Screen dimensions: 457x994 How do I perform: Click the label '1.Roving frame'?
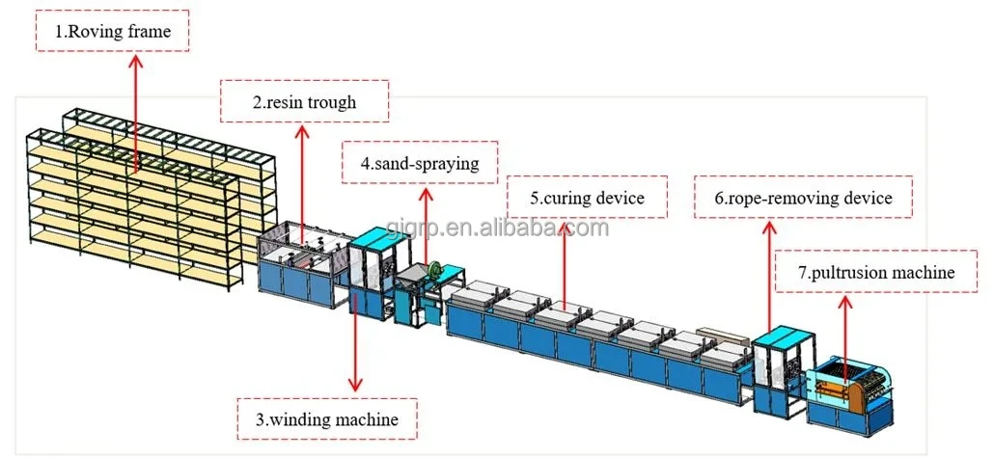(114, 32)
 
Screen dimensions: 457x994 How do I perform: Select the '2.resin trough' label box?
(305, 102)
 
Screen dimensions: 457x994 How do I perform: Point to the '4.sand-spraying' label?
(420, 163)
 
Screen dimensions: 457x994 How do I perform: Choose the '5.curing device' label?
(586, 199)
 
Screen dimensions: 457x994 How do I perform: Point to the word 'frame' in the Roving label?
(147, 32)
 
